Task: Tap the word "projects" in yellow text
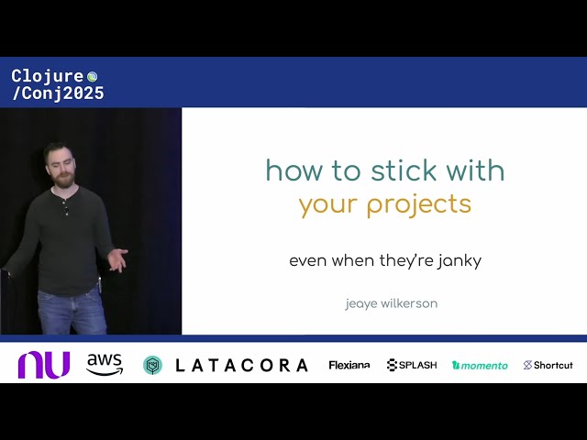click(x=419, y=203)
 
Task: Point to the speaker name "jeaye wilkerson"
click(x=391, y=303)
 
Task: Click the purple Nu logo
click(x=43, y=365)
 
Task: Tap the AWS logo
click(x=105, y=365)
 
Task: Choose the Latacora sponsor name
click(x=241, y=365)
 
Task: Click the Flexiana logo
click(x=349, y=365)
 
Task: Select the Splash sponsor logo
click(x=412, y=365)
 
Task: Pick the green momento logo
click(x=480, y=365)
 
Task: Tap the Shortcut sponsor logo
click(x=548, y=365)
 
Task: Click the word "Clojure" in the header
click(x=47, y=76)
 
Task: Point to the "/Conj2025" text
click(x=57, y=93)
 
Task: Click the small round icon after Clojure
click(x=92, y=76)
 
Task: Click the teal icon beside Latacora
click(x=152, y=365)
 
